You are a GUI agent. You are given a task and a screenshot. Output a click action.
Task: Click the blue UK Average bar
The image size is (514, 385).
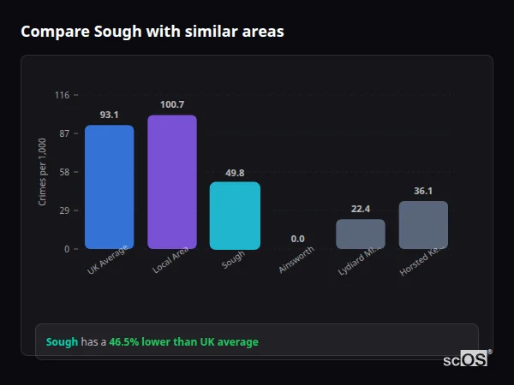click(109, 187)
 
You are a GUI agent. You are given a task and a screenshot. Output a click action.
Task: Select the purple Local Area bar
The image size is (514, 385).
click(171, 181)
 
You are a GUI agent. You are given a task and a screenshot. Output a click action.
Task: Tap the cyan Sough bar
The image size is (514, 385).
click(235, 215)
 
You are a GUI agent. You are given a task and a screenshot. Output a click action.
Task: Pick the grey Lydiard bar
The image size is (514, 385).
click(360, 234)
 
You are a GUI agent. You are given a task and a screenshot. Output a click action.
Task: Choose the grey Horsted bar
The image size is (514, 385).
click(423, 225)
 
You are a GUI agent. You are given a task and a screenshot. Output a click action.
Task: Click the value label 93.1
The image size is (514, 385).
click(109, 115)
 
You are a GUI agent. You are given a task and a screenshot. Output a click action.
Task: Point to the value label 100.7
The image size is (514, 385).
click(171, 104)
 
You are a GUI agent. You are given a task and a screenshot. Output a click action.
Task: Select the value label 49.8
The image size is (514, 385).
click(235, 172)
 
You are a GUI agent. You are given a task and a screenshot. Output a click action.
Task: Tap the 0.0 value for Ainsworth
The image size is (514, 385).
click(297, 239)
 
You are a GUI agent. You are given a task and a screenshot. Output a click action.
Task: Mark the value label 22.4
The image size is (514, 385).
click(360, 209)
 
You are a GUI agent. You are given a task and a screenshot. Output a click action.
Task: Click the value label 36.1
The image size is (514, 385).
click(423, 191)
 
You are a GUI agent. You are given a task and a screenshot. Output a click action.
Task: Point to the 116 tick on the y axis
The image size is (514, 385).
click(62, 95)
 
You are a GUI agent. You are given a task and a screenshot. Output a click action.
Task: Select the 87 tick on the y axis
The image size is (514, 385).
click(64, 133)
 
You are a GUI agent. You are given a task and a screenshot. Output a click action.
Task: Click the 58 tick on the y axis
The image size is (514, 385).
click(64, 172)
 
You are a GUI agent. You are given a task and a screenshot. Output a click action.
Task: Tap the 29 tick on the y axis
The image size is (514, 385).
click(64, 210)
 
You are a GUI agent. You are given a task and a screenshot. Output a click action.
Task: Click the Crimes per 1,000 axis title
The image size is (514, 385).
click(42, 171)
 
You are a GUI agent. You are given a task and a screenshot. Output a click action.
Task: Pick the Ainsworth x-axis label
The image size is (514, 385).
click(297, 260)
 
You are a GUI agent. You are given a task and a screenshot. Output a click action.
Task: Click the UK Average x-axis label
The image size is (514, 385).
click(108, 260)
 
